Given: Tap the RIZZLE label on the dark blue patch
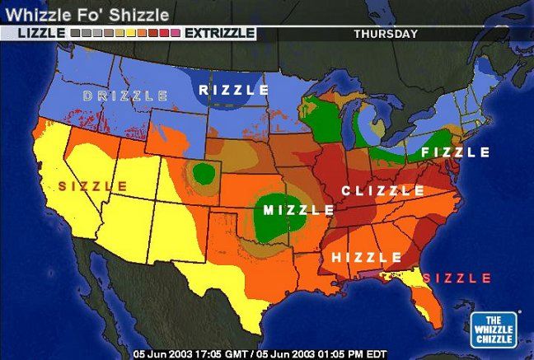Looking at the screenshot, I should coord(234,90).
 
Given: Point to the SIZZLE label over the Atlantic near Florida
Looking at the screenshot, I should coord(457,278).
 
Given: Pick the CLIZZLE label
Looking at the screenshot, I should coord(383,191).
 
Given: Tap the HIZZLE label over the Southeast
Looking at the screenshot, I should coord(367,257).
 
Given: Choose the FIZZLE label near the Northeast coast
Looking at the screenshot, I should coord(455,152).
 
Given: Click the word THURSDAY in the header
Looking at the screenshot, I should coord(386,34).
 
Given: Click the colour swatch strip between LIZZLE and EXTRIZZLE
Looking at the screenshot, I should coord(124,34).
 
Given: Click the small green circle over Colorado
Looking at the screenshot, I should coord(203,174).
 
